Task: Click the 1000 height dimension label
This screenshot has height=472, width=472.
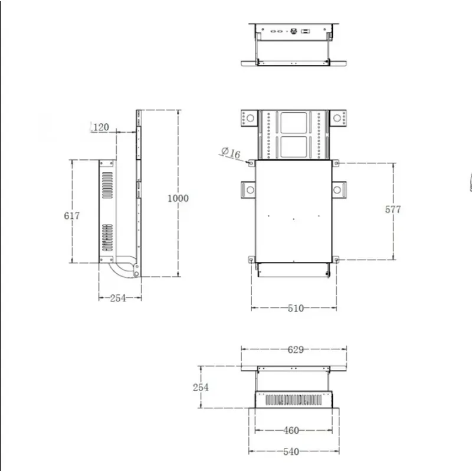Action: point(178,198)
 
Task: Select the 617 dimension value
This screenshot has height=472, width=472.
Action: point(71,215)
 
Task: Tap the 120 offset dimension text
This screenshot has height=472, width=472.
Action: point(101,127)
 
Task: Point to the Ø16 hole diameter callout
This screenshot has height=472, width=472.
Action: point(231,153)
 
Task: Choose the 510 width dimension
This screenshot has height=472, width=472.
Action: point(295,308)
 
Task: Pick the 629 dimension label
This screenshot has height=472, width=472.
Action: point(295,349)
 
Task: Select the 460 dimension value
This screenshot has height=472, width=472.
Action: point(291,430)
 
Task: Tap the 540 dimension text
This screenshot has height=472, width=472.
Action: point(291,451)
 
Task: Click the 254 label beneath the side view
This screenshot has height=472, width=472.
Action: point(119,298)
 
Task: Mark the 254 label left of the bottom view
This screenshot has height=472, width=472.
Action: point(201,387)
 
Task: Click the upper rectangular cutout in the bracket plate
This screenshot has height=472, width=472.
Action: point(293,123)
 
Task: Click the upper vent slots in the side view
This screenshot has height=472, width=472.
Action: point(107,185)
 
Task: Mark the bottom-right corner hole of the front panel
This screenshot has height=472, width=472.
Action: point(336,260)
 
